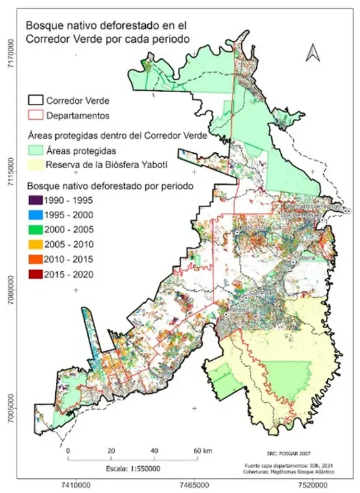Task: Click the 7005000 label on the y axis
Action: coord(10,412)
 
